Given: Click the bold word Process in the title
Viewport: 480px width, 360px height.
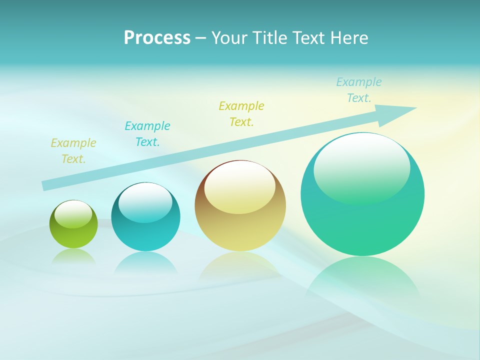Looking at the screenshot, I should coord(157,38).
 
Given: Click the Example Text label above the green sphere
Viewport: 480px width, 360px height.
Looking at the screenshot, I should coord(73,151).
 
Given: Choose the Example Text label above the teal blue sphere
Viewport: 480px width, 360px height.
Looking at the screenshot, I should coord(147,134).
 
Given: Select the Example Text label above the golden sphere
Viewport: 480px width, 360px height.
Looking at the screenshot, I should coord(241,114).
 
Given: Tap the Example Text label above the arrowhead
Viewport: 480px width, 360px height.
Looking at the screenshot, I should coord(359,90).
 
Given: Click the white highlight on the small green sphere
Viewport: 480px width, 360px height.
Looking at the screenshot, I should coord(73,214).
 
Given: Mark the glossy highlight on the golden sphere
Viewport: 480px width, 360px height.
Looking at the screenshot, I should coord(239,187).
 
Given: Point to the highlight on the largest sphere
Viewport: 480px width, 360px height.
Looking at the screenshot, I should coord(361,167).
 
